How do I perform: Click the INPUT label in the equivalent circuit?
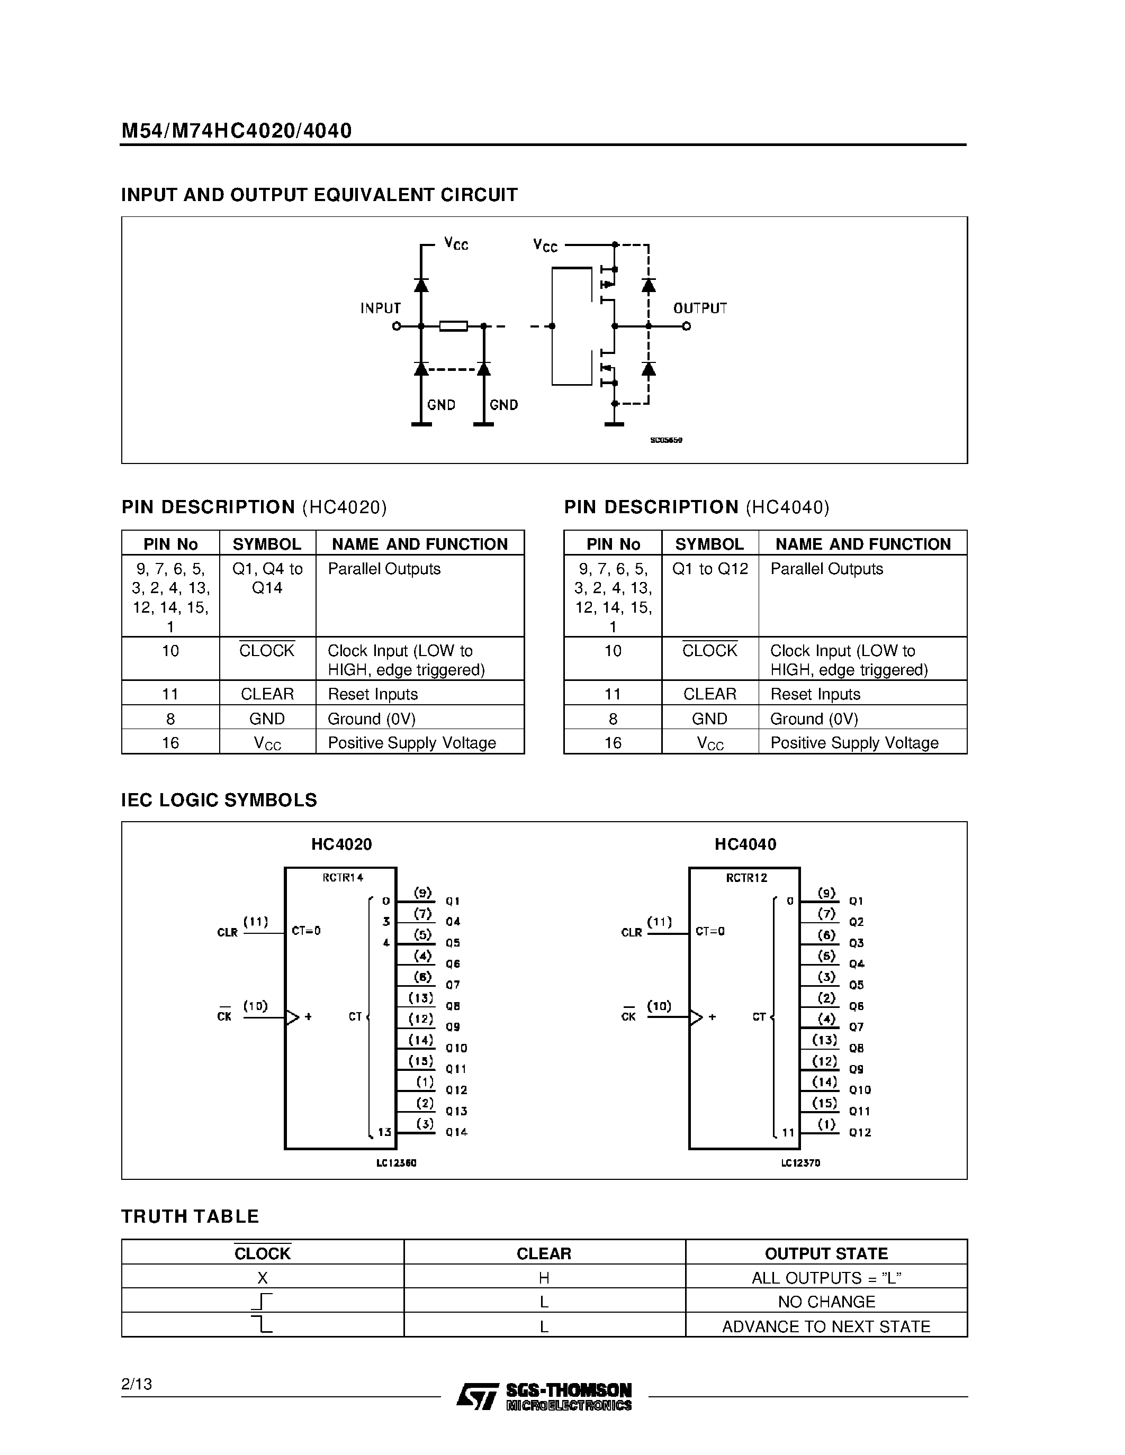coord(381,308)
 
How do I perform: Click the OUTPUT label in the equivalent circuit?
coord(700,308)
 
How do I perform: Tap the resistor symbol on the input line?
coord(453,326)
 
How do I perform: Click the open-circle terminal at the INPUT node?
coord(397,326)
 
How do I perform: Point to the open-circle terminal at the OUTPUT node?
coord(687,326)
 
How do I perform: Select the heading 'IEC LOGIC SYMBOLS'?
coord(219,799)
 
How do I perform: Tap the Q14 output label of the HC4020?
coord(456,1132)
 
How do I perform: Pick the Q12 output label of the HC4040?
coord(860,1132)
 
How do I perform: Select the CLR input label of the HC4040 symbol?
coord(631,932)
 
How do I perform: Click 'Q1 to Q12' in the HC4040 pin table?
coord(710,569)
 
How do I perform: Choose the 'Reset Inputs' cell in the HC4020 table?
coord(373,694)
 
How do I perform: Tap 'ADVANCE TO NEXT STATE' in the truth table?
coord(826,1326)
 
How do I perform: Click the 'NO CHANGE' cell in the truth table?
coord(826,1302)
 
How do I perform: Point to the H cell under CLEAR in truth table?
coord(544,1278)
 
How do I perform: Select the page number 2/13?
coord(137,1385)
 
